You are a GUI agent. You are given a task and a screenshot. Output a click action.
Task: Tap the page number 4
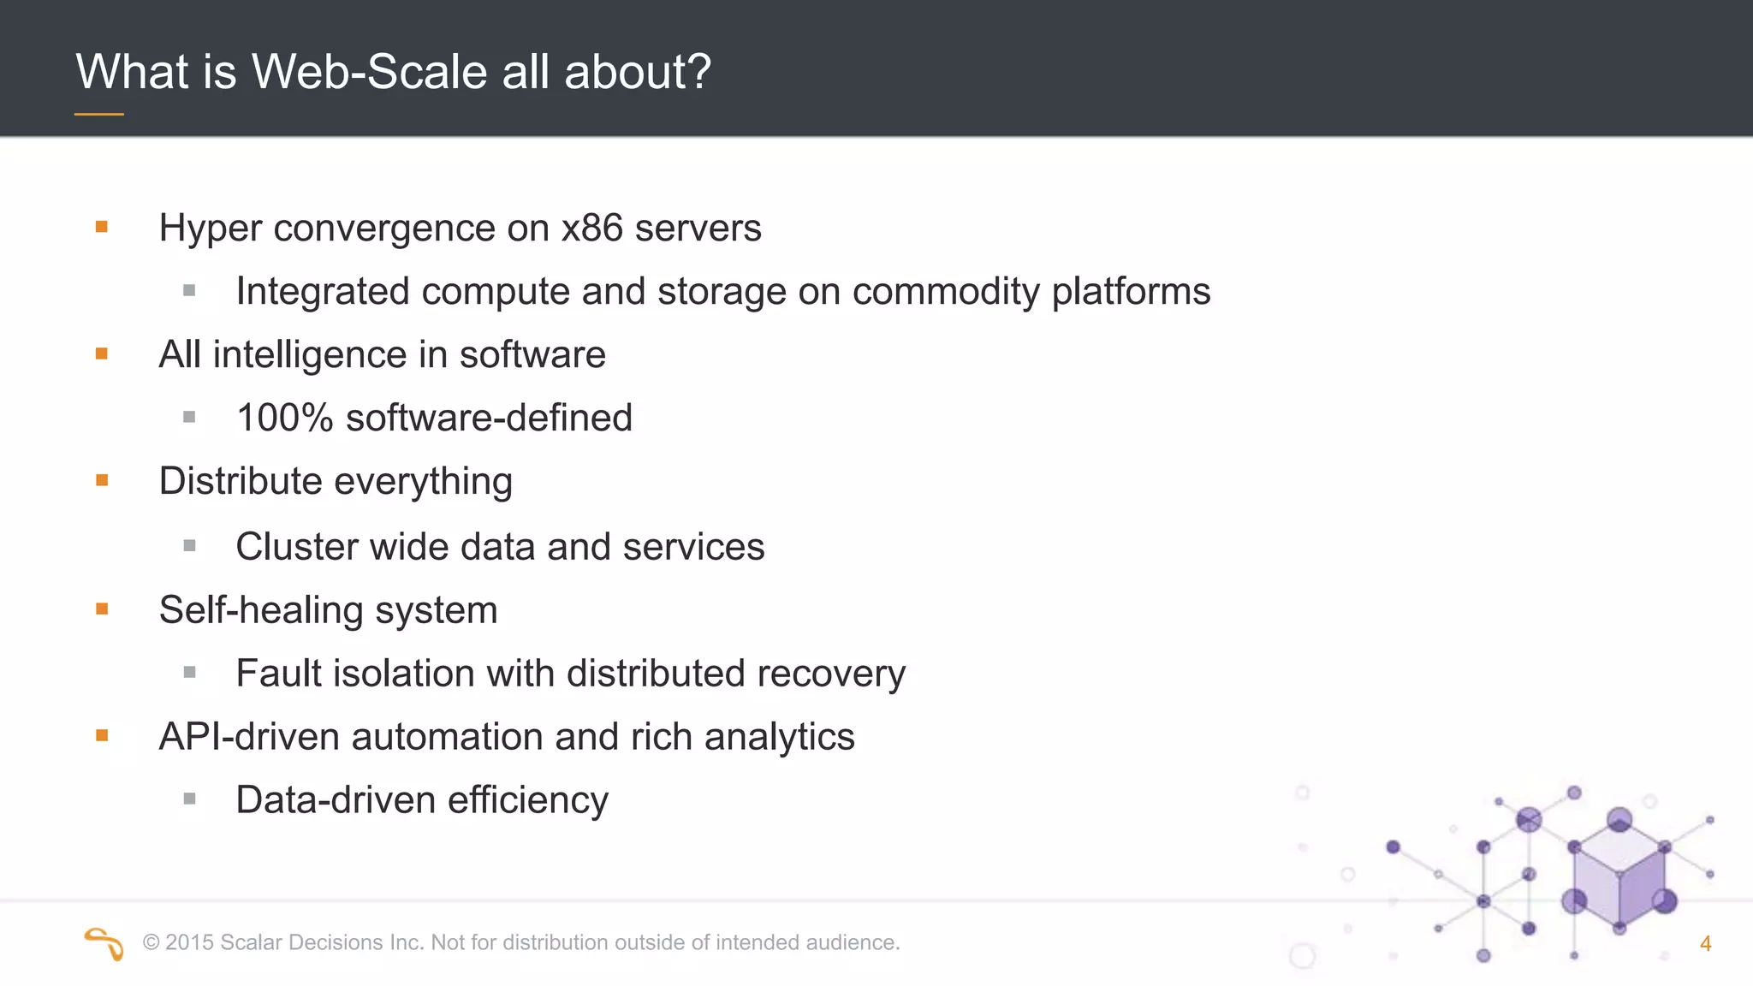(1705, 944)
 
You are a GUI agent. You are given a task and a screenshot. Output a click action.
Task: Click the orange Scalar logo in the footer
(104, 943)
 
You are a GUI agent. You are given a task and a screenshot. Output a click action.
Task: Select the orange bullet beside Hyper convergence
(102, 227)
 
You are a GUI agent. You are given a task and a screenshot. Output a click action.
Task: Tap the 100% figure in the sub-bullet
(284, 419)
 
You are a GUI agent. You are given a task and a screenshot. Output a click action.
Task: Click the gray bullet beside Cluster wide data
(189, 546)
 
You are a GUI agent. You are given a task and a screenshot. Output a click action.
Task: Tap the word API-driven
(249, 737)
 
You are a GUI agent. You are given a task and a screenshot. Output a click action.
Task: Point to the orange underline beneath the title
(99, 114)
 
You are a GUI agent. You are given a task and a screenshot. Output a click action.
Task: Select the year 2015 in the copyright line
(189, 943)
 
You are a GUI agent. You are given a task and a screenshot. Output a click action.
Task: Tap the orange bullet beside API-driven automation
(102, 736)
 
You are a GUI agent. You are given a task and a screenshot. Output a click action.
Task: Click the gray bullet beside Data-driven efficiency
(189, 799)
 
